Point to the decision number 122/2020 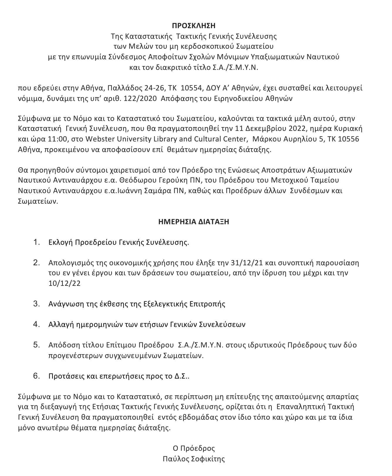click(138, 98)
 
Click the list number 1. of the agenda click(36, 242)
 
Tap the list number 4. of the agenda click(36, 324)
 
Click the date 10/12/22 click(65, 283)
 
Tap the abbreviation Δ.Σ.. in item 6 click(181, 376)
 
